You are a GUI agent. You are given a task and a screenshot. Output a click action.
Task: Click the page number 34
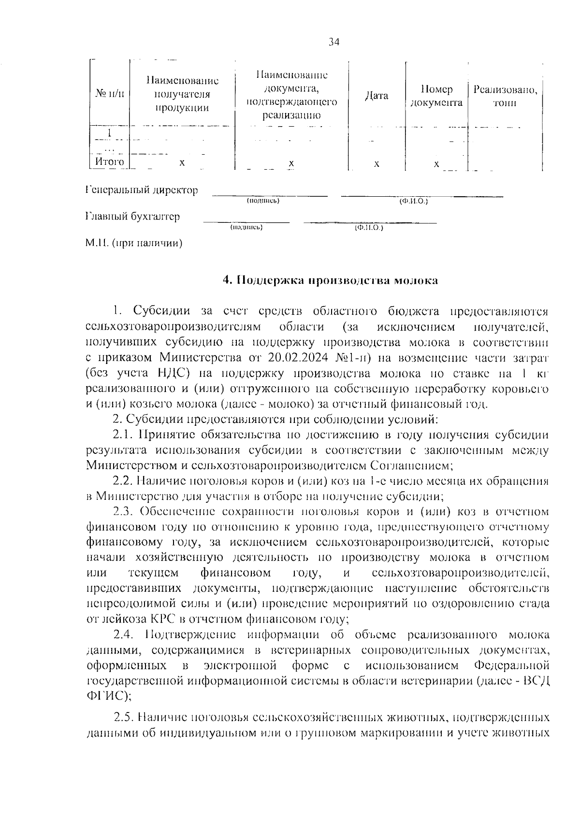point(334,43)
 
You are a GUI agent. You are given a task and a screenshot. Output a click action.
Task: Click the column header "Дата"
point(377,96)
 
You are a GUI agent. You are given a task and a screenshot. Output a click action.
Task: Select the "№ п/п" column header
point(109,94)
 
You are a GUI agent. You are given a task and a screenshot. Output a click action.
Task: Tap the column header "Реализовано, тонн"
point(505,96)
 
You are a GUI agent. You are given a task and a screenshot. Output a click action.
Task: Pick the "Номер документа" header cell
point(436,96)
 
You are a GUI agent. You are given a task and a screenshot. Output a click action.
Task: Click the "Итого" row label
point(109,162)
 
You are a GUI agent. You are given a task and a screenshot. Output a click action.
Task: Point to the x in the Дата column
point(377,164)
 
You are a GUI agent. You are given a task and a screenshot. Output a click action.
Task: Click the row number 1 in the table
point(110,131)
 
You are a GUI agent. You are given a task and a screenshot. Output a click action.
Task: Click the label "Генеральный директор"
point(142,190)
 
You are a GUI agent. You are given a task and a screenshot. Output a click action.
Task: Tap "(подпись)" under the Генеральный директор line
point(263,201)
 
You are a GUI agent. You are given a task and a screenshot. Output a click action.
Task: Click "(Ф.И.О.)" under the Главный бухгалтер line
point(368,227)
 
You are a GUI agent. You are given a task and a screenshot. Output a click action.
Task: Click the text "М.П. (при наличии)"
point(134,243)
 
